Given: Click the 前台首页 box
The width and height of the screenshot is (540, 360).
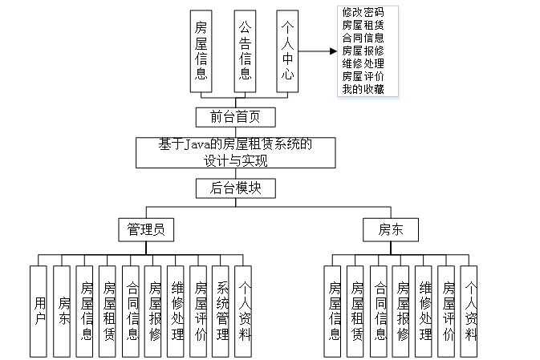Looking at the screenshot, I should point(236,117).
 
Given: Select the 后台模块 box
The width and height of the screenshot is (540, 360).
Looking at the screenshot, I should point(236,188).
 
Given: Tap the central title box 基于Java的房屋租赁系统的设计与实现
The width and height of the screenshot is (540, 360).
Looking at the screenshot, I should point(236,152).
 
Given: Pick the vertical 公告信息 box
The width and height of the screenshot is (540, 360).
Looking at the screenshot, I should point(246,51).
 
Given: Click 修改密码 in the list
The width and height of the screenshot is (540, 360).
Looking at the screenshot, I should point(362,12).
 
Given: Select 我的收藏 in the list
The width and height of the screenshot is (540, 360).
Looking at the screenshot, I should point(362,89).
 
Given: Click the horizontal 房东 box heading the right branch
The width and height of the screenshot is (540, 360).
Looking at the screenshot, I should point(391,229).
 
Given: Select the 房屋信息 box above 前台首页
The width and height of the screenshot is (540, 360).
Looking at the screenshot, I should point(201,51).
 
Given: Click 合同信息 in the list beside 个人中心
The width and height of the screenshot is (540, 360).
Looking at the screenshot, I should point(362,38).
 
